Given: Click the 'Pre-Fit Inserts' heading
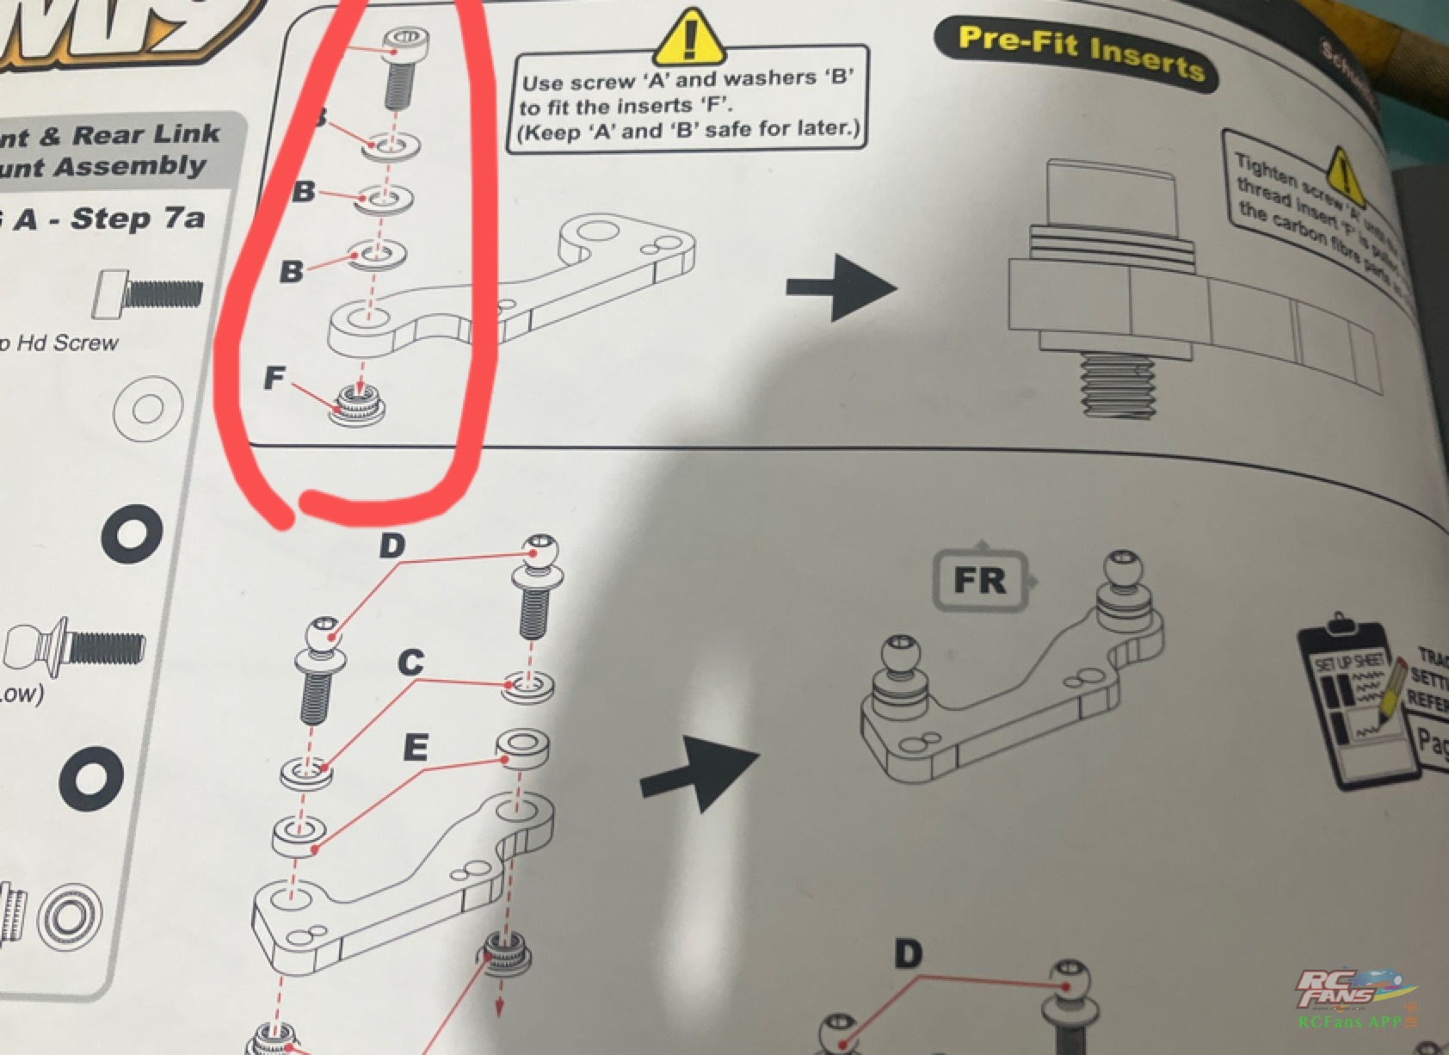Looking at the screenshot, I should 1080,52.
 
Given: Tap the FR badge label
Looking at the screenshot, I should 980,580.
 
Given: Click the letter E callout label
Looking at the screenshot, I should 415,748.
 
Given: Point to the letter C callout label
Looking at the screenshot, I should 411,662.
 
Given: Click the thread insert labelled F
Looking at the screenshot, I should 357,404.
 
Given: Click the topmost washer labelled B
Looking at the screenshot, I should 391,145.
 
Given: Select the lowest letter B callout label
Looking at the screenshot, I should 291,272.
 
